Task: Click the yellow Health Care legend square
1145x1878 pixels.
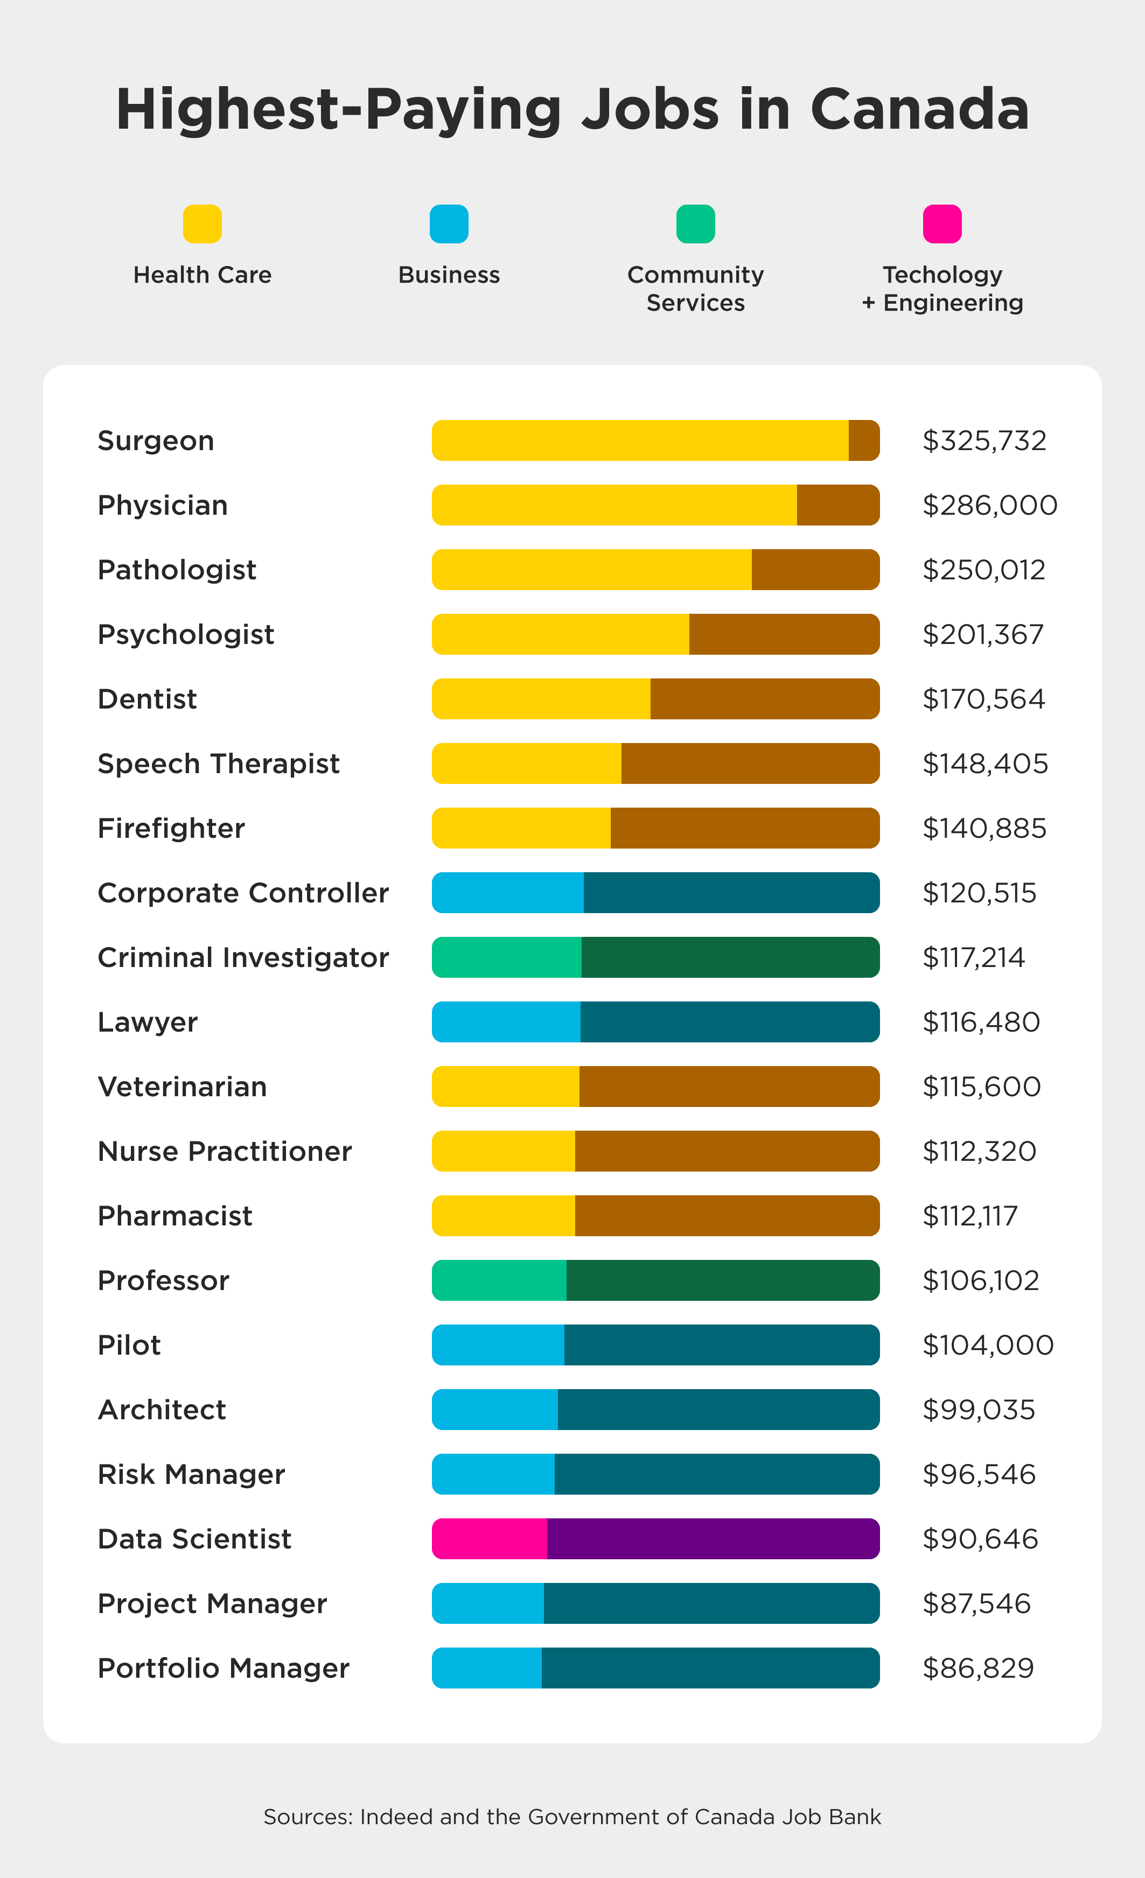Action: pos(202,224)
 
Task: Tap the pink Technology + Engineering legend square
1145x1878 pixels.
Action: pos(941,224)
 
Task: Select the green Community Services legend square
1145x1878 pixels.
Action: pos(695,224)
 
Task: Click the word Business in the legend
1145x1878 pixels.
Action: pos(449,275)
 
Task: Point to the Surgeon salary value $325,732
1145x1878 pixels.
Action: pos(984,440)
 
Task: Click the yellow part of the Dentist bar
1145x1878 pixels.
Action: pos(541,699)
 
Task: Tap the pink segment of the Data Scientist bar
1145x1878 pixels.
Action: pos(490,1539)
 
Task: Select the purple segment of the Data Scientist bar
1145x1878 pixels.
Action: pos(713,1539)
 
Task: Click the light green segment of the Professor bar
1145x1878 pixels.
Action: pos(499,1280)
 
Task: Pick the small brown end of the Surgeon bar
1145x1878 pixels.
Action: pos(864,440)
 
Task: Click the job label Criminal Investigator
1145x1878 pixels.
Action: pos(243,957)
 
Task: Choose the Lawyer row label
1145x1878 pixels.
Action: pos(148,1022)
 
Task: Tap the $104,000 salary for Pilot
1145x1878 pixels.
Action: pos(988,1346)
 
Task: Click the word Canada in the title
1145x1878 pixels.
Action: pos(919,109)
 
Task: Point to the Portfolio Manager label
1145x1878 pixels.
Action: pos(224,1669)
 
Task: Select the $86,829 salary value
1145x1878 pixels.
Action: pos(978,1669)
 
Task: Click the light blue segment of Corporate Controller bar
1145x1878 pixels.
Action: pos(508,893)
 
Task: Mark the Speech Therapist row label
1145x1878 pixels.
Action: pos(219,763)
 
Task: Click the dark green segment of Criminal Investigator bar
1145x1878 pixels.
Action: pos(730,957)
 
